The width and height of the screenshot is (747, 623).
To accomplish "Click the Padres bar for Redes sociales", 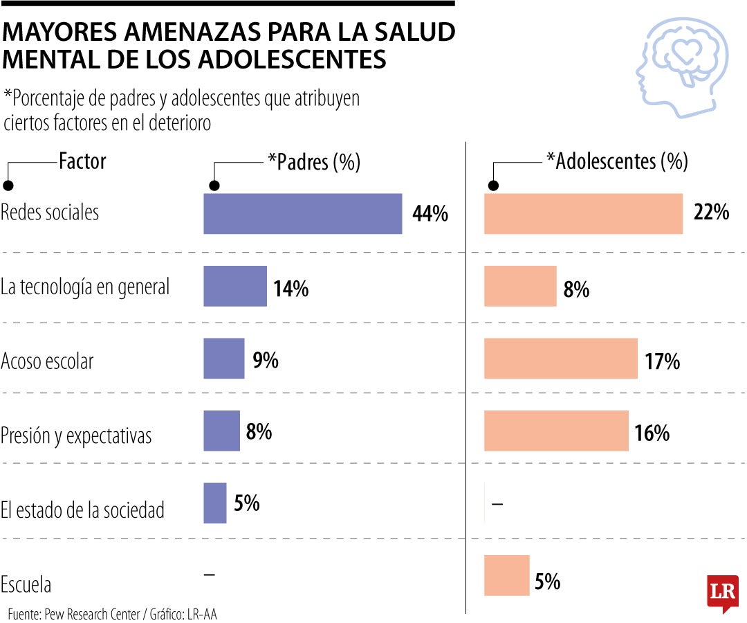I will (x=302, y=213).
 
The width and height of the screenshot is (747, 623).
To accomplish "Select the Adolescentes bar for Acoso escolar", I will (x=560, y=359).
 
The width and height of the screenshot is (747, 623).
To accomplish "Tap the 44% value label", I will (x=430, y=214).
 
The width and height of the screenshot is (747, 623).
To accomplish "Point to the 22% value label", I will (x=710, y=213).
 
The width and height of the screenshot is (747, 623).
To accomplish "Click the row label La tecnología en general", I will (x=84, y=287).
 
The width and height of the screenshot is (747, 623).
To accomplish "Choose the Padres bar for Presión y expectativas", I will (x=221, y=431).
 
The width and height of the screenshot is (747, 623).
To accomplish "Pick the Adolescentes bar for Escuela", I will (x=506, y=575).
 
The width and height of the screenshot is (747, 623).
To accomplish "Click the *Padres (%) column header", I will (x=314, y=162).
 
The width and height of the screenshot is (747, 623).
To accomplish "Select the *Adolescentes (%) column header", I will (x=617, y=161).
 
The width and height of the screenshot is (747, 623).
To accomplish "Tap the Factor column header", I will (x=82, y=161).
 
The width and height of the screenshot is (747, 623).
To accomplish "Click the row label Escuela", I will (x=26, y=585).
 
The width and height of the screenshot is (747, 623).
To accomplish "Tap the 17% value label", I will (x=663, y=361).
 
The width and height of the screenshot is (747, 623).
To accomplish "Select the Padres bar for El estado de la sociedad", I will (x=214, y=503).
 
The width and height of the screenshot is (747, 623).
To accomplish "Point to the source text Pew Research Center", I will (x=92, y=614).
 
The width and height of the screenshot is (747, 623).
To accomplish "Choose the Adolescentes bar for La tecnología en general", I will (x=519, y=286).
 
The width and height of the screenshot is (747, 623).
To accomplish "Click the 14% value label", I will (x=290, y=289).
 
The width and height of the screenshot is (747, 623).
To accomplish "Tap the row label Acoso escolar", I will (x=46, y=361).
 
